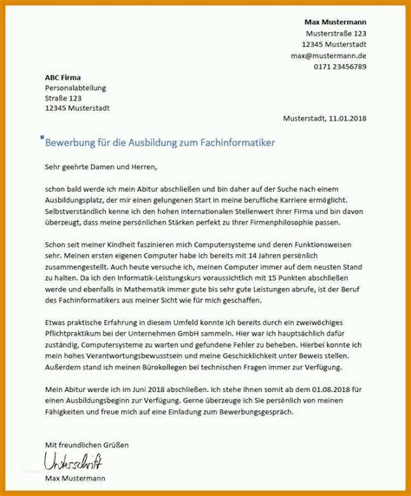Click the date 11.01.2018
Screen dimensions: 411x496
(x=345, y=118)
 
